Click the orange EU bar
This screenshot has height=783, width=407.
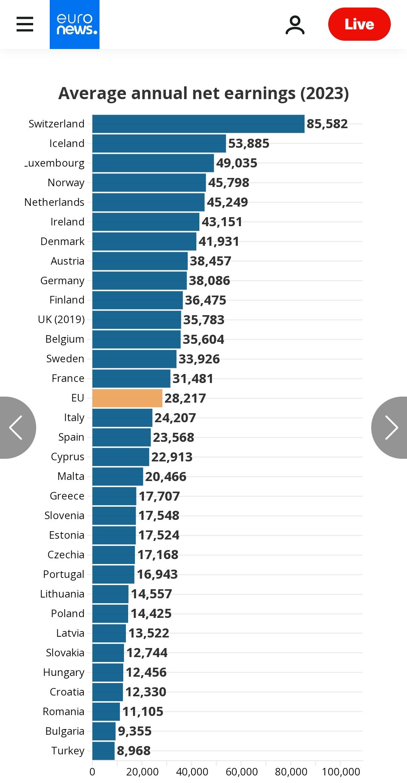(x=127, y=398)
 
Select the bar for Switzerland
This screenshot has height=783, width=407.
(x=198, y=124)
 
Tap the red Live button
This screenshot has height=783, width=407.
(x=359, y=24)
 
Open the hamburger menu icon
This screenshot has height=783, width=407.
(x=25, y=24)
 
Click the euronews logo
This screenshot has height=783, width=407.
(x=75, y=25)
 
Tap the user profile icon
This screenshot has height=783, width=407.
(x=295, y=25)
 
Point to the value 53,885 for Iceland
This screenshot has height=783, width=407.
(x=249, y=144)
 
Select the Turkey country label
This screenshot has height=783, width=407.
(x=68, y=751)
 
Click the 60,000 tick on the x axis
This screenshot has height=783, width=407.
(x=242, y=772)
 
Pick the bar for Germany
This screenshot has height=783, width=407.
(x=139, y=281)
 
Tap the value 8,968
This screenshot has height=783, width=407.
(x=134, y=751)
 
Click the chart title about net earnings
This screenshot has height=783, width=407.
(x=203, y=93)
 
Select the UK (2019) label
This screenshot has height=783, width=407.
(x=61, y=319)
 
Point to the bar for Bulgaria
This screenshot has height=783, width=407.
(x=104, y=731)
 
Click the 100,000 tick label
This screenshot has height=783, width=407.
(x=341, y=772)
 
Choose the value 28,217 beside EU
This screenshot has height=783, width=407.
(x=185, y=398)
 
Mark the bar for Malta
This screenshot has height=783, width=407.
(x=118, y=477)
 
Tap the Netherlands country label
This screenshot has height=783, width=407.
(x=54, y=202)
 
